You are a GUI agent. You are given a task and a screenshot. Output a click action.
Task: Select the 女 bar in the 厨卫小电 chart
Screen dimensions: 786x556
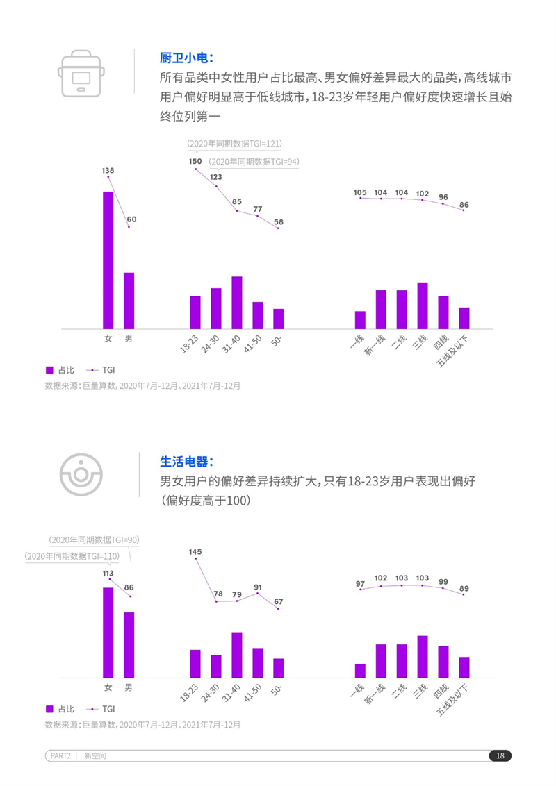(x=108, y=260)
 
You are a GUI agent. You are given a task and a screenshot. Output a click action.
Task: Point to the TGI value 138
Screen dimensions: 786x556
(x=108, y=170)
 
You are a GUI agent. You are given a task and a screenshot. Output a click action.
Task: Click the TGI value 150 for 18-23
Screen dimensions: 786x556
(x=195, y=161)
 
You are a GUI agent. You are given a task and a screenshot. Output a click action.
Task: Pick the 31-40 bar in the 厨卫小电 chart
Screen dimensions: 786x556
(x=237, y=302)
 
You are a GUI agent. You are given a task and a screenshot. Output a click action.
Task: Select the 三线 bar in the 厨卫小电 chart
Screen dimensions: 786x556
(x=422, y=306)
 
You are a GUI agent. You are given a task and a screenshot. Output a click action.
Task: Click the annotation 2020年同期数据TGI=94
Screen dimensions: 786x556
(x=254, y=161)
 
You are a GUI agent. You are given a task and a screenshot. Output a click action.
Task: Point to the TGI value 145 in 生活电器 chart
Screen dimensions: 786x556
(x=195, y=552)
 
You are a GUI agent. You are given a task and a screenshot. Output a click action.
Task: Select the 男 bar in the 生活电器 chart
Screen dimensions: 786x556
(x=129, y=644)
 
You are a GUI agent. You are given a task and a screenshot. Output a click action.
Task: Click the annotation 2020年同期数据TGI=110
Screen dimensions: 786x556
(x=72, y=556)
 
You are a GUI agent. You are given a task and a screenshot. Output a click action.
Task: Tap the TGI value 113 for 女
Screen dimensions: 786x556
(x=108, y=574)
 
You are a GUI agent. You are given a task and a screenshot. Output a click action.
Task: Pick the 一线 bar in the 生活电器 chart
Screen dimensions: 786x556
(x=360, y=670)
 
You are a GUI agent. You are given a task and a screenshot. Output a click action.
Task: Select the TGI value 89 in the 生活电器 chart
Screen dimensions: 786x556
(x=464, y=589)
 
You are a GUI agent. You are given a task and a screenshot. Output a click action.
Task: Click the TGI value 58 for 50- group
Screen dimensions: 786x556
(x=278, y=222)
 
